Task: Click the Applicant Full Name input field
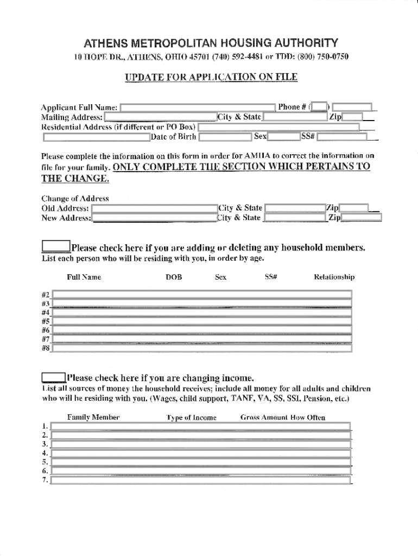pos(198,108)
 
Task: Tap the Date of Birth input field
pos(226,136)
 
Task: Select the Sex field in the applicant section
pos(283,136)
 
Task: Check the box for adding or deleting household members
pos(56,248)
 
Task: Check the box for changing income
pos(54,378)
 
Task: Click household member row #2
pos(201,294)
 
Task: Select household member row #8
pos(201,348)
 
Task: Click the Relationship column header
pos(334,277)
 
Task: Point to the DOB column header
pos(174,277)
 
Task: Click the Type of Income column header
pos(191,418)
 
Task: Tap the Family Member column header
pos(93,418)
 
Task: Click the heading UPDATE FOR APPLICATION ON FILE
pos(211,77)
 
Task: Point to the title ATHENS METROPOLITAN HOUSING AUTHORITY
pos(211,43)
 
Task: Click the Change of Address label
pos(75,198)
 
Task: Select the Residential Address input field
pos(278,127)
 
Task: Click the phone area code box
pos(320,107)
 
